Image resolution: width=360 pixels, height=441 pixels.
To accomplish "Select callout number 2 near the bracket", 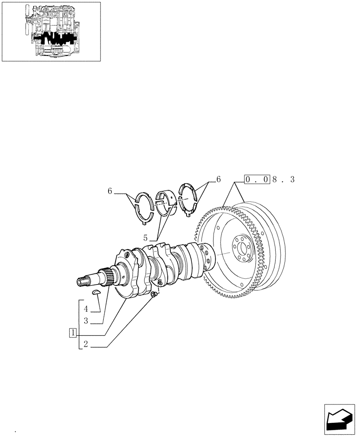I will point(86,346).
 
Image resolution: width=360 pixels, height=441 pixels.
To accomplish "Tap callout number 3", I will point(87,322).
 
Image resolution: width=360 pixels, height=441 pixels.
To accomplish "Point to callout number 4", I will point(87,309).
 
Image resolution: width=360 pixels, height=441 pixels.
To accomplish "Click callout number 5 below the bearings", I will point(146,237).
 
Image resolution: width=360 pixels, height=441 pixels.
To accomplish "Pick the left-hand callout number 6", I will point(110,191).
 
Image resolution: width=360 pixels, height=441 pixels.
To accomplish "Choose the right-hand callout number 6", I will point(217,179).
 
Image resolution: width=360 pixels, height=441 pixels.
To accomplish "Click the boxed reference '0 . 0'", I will point(257,179).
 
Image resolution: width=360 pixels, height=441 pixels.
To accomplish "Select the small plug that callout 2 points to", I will point(153,295).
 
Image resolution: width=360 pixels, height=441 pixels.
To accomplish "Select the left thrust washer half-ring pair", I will point(144,206).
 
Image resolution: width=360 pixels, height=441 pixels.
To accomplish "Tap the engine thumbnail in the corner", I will point(51,31).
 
